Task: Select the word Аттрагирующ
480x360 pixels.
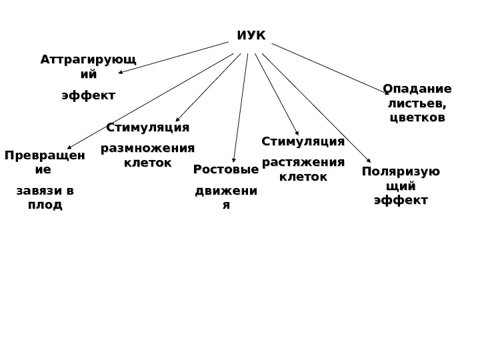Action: tap(88, 60)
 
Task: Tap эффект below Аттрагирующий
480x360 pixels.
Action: tap(88, 96)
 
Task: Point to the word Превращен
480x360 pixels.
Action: tap(45, 156)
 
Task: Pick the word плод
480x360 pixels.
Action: tap(45, 205)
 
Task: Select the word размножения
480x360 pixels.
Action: tap(147, 148)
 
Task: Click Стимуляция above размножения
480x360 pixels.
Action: tap(148, 127)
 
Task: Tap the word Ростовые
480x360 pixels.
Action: tap(226, 170)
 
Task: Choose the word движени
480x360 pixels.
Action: tap(226, 192)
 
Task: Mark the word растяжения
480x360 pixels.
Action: tap(303, 163)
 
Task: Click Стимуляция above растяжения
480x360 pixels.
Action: tap(303, 141)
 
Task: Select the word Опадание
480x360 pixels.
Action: tap(417, 89)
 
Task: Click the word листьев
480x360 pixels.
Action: tap(417, 103)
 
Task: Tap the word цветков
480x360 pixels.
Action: tap(417, 118)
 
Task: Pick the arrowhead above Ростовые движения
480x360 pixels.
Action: tap(233, 160)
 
